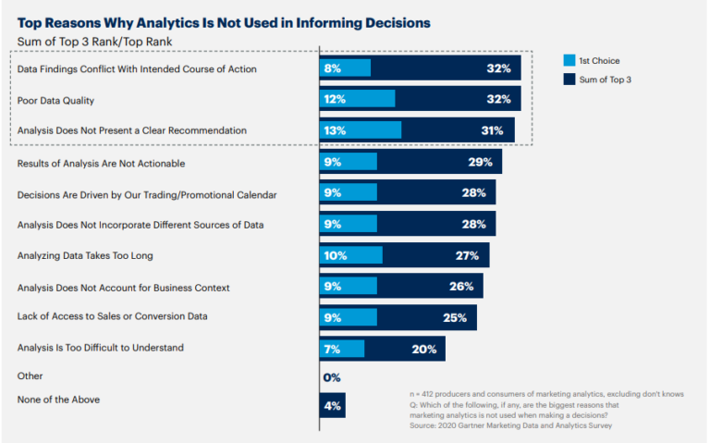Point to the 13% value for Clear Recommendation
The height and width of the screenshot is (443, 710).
335,130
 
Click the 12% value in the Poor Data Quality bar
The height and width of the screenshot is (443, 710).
335,100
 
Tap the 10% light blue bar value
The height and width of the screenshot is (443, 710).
335,255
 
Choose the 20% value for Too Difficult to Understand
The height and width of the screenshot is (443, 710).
424,348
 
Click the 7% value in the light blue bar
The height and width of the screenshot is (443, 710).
333,348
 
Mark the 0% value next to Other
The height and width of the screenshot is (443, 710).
332,377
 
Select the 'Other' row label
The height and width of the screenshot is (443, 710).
31,375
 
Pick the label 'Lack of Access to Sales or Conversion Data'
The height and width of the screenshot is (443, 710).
113,316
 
